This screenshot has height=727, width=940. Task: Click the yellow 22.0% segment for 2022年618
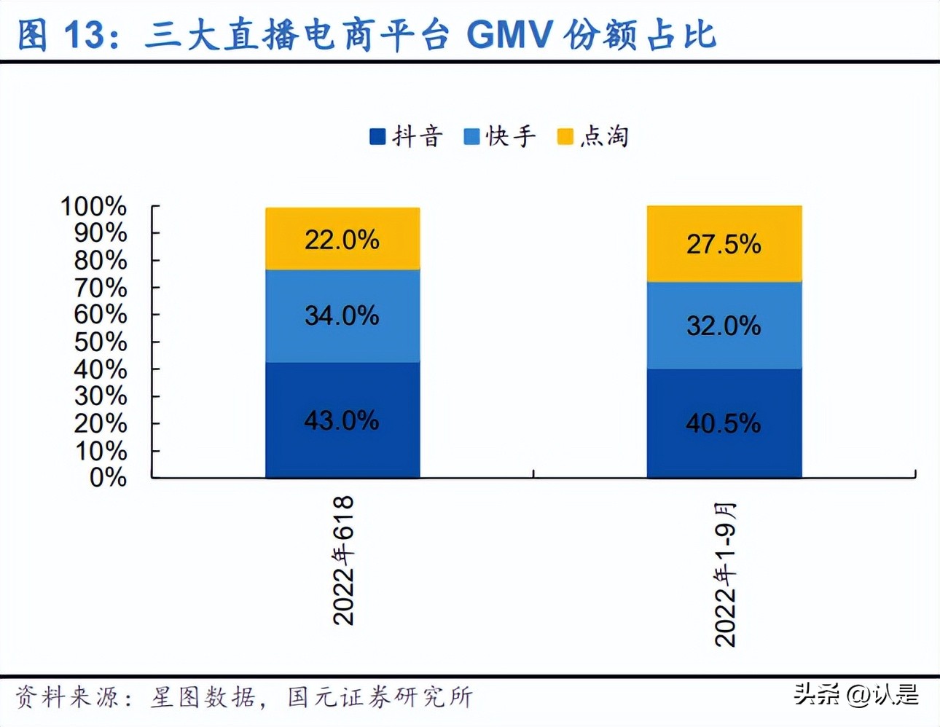click(x=342, y=239)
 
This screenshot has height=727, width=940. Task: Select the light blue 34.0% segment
click(x=342, y=316)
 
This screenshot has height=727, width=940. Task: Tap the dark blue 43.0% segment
click(x=342, y=420)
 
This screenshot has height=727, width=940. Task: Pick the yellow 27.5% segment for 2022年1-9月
click(x=724, y=244)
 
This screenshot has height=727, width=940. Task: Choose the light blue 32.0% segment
click(x=724, y=326)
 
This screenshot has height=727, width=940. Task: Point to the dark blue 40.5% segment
click(x=724, y=423)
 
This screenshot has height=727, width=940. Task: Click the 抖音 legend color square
click(x=377, y=137)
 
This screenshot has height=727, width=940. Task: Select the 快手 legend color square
click(x=471, y=137)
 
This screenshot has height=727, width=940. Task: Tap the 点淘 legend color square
click(x=565, y=137)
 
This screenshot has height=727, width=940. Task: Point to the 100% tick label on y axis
click(x=93, y=207)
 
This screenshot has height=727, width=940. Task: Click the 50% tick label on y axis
click(x=101, y=342)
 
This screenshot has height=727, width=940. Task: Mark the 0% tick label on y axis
click(x=108, y=478)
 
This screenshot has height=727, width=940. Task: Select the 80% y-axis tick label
click(x=101, y=261)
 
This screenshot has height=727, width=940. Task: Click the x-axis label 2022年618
click(x=343, y=560)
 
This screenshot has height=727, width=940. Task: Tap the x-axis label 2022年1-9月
click(x=725, y=575)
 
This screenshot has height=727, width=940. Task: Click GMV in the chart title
click(x=509, y=34)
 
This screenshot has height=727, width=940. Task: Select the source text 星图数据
click(x=203, y=697)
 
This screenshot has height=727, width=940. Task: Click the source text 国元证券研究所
click(x=380, y=697)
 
